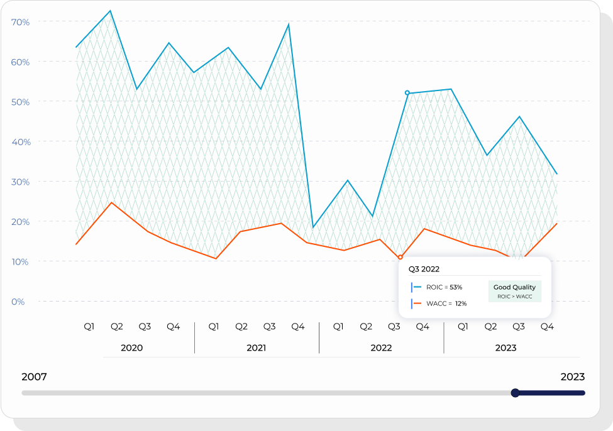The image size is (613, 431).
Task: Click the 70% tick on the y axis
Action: [21, 22]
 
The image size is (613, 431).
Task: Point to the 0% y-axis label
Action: [18, 302]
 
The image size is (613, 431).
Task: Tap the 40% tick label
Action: [20, 142]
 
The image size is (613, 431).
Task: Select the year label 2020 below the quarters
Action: [131, 347]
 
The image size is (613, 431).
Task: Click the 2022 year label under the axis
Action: [381, 347]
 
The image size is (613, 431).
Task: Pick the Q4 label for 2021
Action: [298, 327]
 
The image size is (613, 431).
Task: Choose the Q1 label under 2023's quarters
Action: [463, 327]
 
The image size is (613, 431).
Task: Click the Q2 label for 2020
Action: [117, 327]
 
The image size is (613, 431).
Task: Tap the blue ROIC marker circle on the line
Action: [407, 93]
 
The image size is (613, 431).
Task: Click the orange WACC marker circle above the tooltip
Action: [400, 257]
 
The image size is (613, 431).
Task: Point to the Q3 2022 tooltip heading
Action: [424, 269]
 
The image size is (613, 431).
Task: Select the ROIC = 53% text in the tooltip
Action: [444, 287]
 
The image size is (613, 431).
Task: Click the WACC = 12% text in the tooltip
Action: [446, 303]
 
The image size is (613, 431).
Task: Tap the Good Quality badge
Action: [514, 291]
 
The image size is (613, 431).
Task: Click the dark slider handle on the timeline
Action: [516, 393]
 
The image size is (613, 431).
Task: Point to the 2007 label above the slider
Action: [34, 377]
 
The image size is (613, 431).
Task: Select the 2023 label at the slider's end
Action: [572, 377]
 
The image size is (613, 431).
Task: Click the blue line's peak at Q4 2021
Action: [289, 25]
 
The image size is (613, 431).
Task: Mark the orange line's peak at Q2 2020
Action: [111, 202]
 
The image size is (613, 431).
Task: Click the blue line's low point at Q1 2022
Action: [313, 227]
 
